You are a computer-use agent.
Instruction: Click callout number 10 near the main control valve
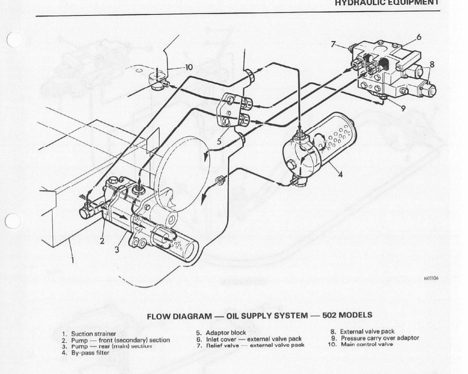coord(189,67)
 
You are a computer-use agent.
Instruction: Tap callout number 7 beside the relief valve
coord(333,44)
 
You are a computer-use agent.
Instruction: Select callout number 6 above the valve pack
coord(418,37)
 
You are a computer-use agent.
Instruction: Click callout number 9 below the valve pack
coord(403,108)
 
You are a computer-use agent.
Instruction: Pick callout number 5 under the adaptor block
coord(219,142)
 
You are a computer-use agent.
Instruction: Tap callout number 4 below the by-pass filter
coord(340,175)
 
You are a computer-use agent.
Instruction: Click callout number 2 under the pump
coord(102,241)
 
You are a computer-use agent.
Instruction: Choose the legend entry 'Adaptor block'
coord(226,333)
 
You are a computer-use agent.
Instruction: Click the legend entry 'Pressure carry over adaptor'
coord(379,338)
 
